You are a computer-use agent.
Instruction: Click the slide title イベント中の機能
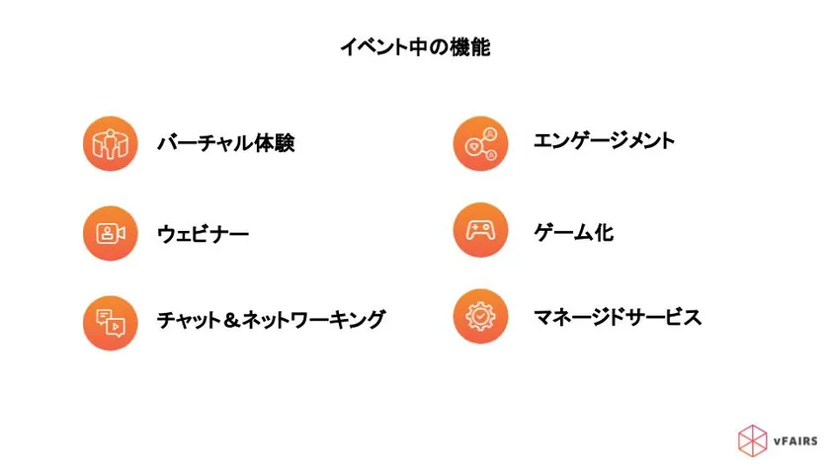[415, 47]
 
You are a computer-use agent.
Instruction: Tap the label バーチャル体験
[226, 143]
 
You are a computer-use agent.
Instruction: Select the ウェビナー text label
[203, 234]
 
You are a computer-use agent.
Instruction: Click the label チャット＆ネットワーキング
[271, 320]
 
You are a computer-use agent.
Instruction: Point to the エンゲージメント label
[604, 140]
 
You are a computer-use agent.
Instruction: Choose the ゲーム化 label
[573, 232]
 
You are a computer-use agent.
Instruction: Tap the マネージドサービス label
[618, 317]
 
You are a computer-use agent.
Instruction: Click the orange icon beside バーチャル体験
[110, 143]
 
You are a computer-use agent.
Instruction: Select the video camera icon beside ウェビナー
[110, 233]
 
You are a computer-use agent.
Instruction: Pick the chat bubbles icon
[110, 323]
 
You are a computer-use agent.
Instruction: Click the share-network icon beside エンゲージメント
[480, 143]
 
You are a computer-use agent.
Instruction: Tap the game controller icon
[480, 230]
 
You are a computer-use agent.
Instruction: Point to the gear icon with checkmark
[480, 316]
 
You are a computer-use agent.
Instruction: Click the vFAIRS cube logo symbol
[752, 440]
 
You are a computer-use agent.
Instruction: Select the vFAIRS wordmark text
[795, 441]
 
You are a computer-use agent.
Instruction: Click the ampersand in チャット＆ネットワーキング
[231, 320]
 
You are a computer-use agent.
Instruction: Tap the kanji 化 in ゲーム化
[604, 232]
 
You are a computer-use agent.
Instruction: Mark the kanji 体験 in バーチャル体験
[275, 143]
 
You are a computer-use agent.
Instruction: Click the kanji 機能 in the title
[470, 47]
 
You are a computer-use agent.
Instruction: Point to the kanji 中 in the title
[418, 47]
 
